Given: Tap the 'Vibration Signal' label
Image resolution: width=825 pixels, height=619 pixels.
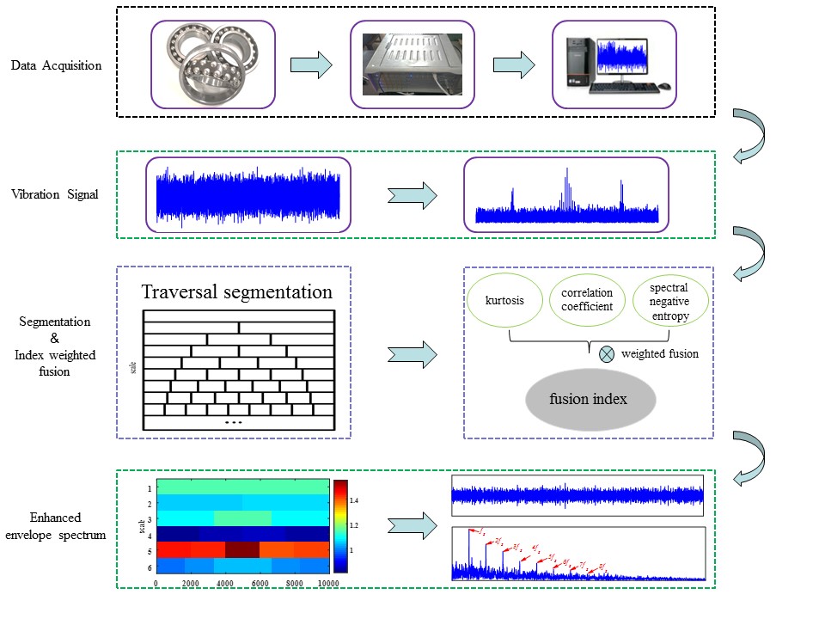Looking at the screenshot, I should [x=56, y=194].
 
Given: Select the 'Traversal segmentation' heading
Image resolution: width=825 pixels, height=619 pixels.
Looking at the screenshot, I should [x=237, y=291].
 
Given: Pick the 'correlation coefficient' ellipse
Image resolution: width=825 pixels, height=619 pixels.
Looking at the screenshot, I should [x=587, y=300].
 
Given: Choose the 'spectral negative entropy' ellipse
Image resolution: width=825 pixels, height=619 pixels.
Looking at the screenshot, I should [x=669, y=300].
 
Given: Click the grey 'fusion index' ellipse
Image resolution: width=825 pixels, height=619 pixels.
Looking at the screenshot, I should [x=590, y=399].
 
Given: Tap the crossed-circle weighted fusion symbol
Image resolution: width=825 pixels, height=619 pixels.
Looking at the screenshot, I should [x=607, y=353].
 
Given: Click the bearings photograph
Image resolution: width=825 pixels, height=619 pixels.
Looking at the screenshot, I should [x=214, y=64].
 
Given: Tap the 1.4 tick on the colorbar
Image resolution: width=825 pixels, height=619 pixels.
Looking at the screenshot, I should [x=353, y=499].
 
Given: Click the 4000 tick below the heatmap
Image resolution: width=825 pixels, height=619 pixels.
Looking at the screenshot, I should [x=226, y=583].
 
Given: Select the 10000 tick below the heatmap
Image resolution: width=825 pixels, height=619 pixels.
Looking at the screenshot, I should [x=327, y=583].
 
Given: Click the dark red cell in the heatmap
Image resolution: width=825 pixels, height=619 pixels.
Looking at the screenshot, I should [x=241, y=549].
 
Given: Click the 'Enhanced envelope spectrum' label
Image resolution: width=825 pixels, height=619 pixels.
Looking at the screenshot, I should [x=55, y=526].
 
